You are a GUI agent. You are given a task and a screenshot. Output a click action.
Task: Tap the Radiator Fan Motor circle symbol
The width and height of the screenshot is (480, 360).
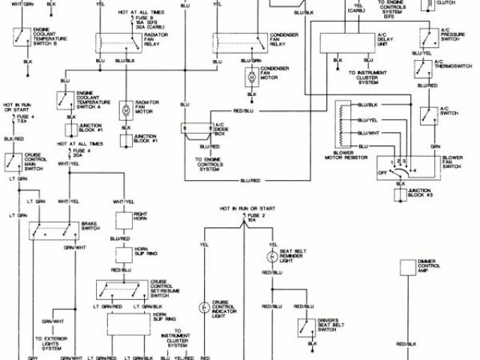pyautogui.click(x=126, y=109)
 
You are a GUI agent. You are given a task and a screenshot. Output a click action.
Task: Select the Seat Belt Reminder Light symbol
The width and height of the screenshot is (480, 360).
pyautogui.click(x=271, y=256)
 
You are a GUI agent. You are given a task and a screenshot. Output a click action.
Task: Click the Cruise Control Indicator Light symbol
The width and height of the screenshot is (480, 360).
pyautogui.click(x=203, y=307)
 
